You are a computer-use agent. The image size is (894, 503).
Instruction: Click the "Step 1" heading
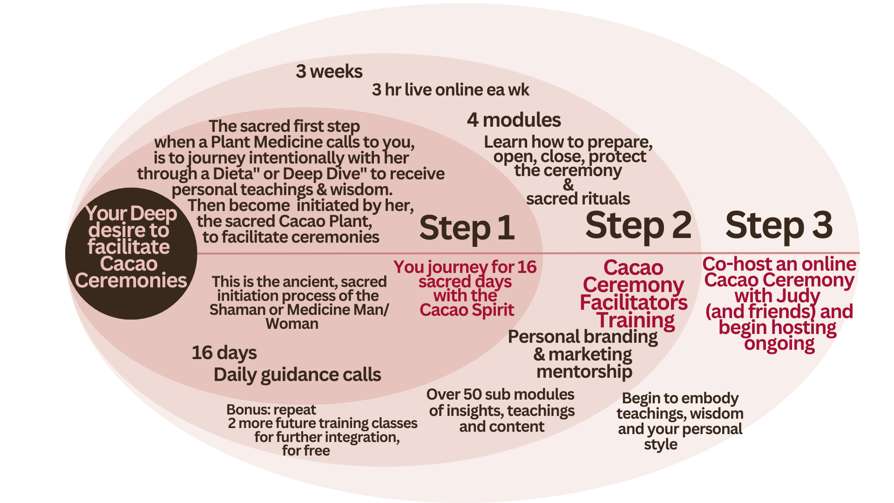click(467, 228)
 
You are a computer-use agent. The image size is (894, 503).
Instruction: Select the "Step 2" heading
click(638, 226)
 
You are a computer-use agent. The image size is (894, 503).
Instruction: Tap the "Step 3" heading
click(779, 225)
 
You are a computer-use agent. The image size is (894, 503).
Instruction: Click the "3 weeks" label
click(329, 72)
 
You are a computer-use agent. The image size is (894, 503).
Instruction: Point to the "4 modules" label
click(514, 120)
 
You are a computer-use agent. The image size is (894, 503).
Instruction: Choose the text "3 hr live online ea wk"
click(450, 90)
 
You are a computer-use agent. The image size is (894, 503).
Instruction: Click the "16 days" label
click(224, 353)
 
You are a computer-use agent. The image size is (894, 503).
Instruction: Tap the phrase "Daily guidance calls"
click(297, 375)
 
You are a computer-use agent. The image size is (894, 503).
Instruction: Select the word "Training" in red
click(636, 320)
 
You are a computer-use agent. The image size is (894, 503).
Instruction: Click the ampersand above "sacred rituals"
click(568, 185)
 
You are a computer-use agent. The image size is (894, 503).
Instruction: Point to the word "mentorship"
click(584, 372)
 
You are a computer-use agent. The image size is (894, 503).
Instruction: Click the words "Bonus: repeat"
click(271, 410)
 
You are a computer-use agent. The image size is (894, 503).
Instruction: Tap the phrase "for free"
click(306, 451)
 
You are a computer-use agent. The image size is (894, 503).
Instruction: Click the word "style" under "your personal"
click(660, 444)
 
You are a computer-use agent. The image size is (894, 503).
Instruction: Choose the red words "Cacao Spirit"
click(467, 310)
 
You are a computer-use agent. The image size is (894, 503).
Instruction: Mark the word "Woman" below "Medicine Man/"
click(292, 324)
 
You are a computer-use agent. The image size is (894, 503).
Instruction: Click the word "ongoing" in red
click(779, 344)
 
